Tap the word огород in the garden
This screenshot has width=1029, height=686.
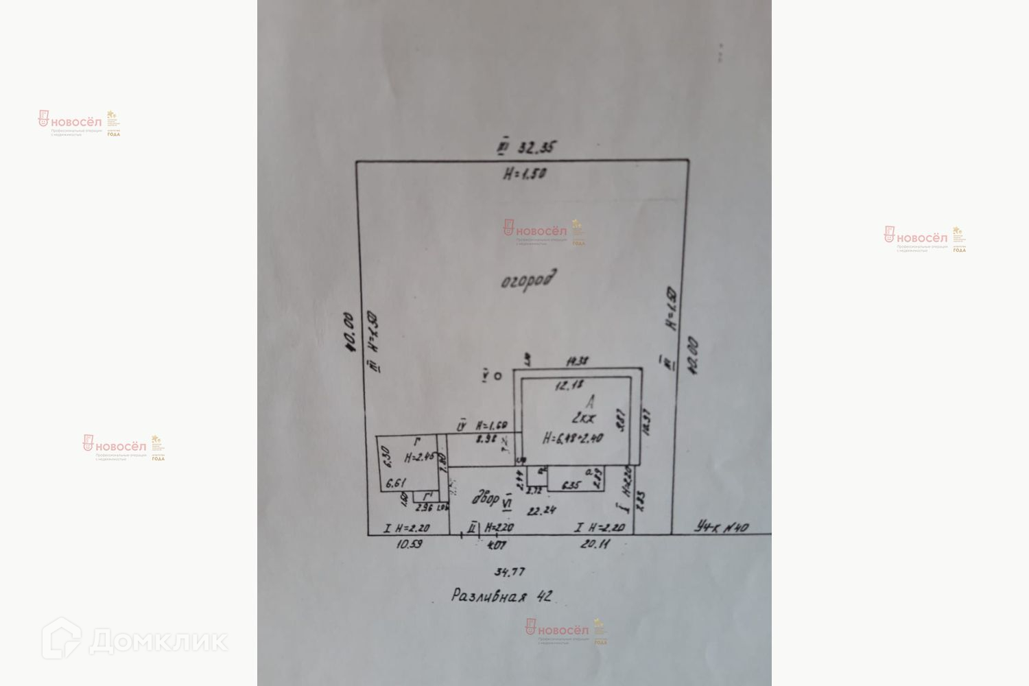528,280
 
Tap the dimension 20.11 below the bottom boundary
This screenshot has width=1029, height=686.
594,545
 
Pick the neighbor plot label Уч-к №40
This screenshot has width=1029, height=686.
721,528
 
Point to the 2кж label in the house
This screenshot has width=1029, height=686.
581,418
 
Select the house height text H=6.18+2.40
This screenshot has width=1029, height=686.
573,438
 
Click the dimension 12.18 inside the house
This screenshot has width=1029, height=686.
568,386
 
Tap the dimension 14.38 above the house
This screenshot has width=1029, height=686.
578,360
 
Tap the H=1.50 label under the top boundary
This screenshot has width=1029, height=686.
524,174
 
